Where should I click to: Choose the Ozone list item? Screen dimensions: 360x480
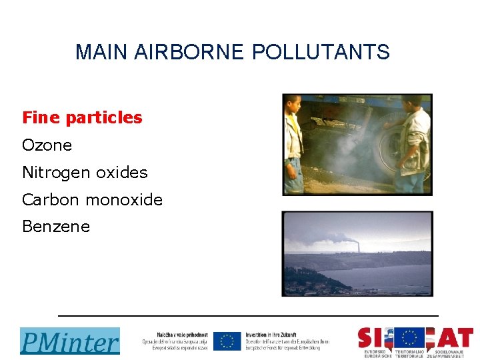47,145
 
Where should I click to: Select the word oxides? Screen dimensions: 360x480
121,173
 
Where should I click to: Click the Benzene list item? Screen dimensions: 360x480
56,227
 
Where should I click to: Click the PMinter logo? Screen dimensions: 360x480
69,341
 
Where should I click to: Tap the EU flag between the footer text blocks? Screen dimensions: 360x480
227,341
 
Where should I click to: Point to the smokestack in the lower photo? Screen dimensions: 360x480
358,246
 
